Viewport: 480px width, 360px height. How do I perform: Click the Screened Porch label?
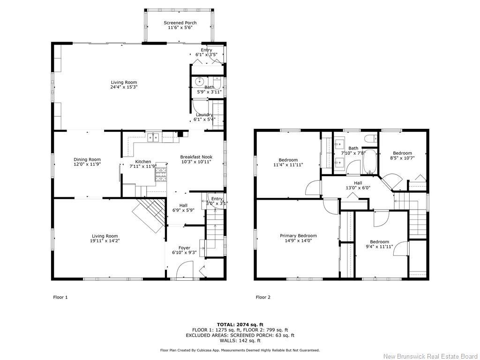tap(180, 23)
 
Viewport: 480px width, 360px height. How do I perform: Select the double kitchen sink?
tap(154, 137)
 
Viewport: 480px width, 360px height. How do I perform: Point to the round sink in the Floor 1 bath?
tap(199, 81)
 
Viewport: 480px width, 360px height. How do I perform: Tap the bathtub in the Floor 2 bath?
tap(370, 162)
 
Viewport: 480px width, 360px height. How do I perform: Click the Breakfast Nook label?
tap(196, 157)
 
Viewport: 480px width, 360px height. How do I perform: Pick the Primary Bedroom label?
tap(298, 236)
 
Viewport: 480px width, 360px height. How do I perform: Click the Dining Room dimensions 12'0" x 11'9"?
tap(87, 165)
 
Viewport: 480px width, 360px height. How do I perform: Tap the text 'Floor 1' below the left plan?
tap(60, 297)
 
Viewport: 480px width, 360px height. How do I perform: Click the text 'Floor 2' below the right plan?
tap(263, 297)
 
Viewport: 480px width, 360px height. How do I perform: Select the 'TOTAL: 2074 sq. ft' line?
tap(240, 324)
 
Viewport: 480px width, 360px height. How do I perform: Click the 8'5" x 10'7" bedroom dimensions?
tap(402, 158)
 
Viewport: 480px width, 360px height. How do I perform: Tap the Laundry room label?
tap(204, 114)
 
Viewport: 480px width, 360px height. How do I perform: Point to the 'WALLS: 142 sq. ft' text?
tap(240, 341)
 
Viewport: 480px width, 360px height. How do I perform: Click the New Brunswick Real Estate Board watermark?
tap(430, 356)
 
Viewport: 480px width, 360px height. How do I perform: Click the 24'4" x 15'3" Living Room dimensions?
tap(124, 87)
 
